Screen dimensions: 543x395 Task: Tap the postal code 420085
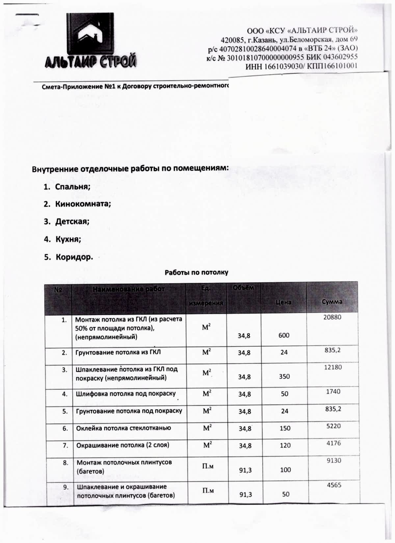(x=231, y=40)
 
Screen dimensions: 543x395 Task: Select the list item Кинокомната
(x=83, y=204)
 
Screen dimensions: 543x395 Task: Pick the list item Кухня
(x=68, y=239)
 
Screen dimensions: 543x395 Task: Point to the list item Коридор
(x=74, y=257)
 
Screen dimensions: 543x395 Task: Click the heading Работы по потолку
(x=196, y=272)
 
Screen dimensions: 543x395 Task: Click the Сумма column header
(x=332, y=301)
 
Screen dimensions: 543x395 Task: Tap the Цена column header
(x=283, y=302)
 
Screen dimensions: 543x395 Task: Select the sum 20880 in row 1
(x=332, y=317)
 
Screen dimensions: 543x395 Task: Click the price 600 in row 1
(x=284, y=335)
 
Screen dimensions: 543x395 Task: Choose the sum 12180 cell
(x=333, y=367)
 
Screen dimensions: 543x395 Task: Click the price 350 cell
(x=284, y=376)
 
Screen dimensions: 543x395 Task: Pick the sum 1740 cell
(x=333, y=391)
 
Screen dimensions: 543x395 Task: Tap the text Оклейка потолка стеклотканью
(x=123, y=428)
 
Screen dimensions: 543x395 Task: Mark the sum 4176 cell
(x=334, y=443)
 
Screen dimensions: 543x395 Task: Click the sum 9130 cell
(x=334, y=460)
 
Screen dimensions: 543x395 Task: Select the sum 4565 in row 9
(x=334, y=485)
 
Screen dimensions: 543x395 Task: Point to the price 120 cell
(x=285, y=445)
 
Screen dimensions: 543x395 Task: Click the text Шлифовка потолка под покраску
(x=126, y=394)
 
